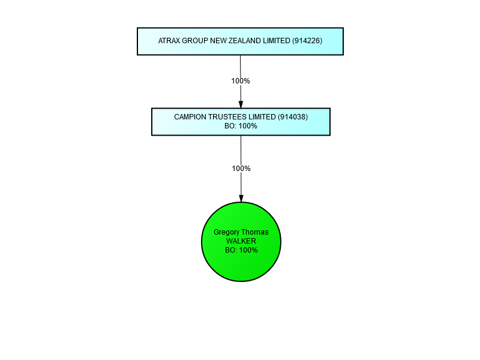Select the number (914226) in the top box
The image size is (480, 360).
point(307,41)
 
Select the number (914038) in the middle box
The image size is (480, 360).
point(293,117)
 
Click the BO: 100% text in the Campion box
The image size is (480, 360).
point(241,126)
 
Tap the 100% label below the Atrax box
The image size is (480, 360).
point(241,81)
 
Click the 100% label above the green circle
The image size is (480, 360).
point(241,169)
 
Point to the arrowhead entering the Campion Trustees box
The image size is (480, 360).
point(241,104)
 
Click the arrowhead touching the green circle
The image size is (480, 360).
point(241,199)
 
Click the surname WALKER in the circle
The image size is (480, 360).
point(241,241)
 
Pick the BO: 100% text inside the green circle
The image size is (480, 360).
point(242,250)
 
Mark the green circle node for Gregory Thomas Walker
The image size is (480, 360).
point(241,242)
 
